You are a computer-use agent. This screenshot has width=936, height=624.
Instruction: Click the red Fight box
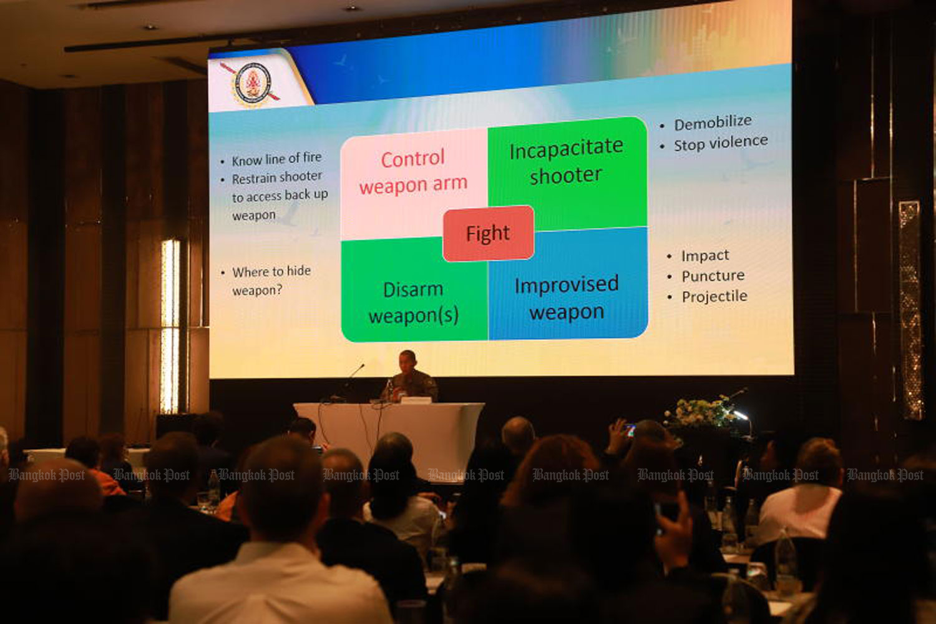[x=488, y=234]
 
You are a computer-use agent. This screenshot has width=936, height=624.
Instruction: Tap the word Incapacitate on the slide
[x=566, y=148]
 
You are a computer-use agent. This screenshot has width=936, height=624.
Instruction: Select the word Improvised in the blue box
[x=566, y=285]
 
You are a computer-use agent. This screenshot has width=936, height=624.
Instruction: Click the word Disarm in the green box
[x=413, y=289]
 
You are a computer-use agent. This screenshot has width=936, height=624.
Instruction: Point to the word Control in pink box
[x=412, y=159]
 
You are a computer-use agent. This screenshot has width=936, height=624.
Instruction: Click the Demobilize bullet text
[x=713, y=122]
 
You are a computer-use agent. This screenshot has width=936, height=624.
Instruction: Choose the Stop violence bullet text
[x=721, y=143]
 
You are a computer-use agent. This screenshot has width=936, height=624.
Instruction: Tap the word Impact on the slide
[x=705, y=255]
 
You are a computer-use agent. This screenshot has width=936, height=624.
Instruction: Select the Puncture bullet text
[x=713, y=275]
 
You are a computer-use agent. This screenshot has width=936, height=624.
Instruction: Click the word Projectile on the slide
[x=714, y=297]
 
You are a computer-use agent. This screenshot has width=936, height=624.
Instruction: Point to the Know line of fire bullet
[x=276, y=159]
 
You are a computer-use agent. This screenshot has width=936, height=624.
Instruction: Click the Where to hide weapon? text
[x=271, y=280]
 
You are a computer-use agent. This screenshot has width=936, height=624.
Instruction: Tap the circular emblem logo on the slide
[x=252, y=84]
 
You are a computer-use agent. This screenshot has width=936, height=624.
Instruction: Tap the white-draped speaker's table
[x=389, y=435]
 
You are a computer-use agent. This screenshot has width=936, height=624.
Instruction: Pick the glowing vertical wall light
[x=170, y=325]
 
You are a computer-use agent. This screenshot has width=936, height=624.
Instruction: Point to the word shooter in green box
[x=566, y=176]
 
